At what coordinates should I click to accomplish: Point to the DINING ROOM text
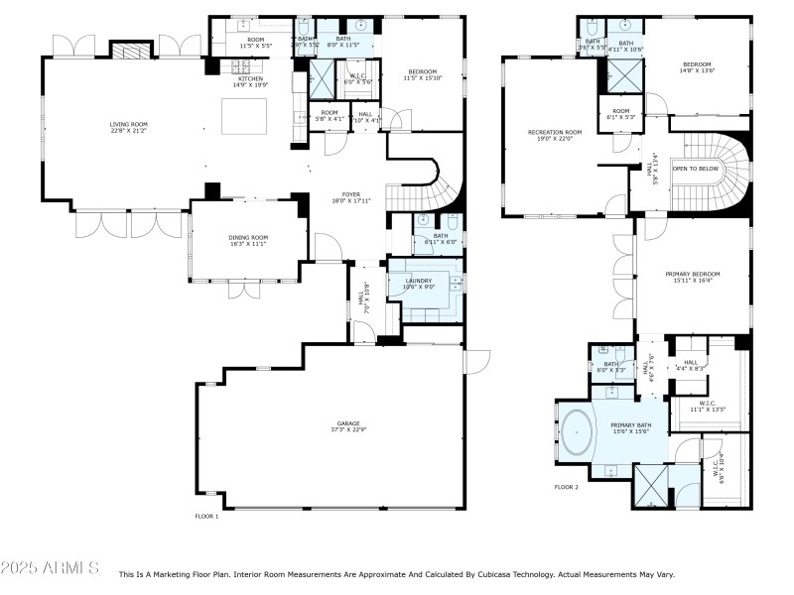point(248,237)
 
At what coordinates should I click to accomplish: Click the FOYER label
point(351,194)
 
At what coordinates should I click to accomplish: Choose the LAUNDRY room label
point(419,281)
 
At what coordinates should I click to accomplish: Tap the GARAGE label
point(347,423)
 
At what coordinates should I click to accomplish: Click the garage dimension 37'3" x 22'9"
point(347,430)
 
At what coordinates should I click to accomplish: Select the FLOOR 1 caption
point(206,516)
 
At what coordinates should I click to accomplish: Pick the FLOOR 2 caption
point(567,487)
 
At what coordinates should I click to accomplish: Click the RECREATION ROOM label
point(555,132)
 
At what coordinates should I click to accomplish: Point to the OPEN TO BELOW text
point(696,169)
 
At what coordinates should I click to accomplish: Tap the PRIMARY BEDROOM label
point(692,274)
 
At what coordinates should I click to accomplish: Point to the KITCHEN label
point(250,78)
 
